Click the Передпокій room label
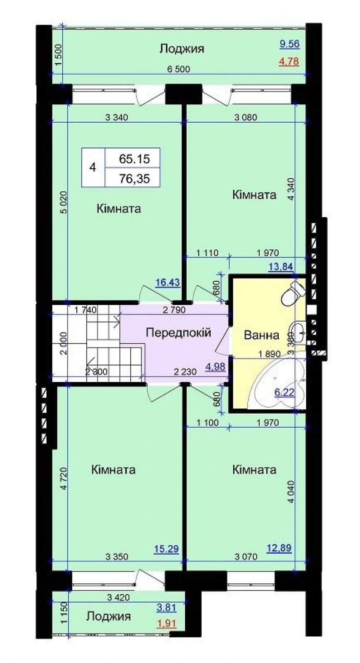tap(178, 332)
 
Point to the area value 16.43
tap(167, 282)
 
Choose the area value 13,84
tap(281, 267)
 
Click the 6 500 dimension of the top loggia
tap(178, 69)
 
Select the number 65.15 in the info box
tap(134, 159)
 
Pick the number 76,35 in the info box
tap(134, 179)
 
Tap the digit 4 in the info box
tap(93, 168)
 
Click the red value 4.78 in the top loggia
tap(289, 61)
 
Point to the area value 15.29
tap(166, 549)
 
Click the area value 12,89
tap(279, 548)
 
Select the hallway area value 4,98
tap(215, 367)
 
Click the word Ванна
tap(261, 335)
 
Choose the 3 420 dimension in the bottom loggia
tap(118, 598)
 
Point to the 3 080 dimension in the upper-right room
tap(246, 117)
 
